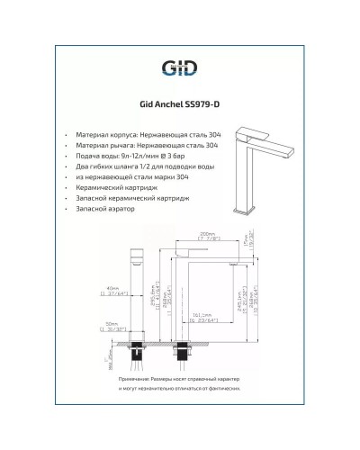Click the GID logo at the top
pyautogui.click(x=179, y=67)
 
